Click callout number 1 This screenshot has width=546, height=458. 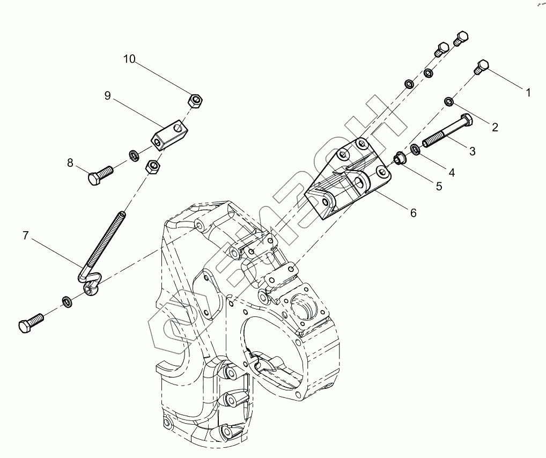[x=528, y=93]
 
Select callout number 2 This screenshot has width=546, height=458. [x=495, y=127]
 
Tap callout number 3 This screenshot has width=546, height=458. [x=472, y=152]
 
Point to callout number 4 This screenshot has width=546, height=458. [x=452, y=172]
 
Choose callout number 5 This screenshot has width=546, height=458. [x=439, y=186]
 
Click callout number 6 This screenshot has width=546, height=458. [x=413, y=212]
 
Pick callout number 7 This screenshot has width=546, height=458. [x=25, y=234]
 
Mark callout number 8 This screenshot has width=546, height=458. [x=70, y=162]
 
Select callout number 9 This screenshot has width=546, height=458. [x=107, y=95]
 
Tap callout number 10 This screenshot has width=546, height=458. [x=129, y=59]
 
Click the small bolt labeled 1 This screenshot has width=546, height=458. [x=481, y=68]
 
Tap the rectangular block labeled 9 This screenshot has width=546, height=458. [x=171, y=134]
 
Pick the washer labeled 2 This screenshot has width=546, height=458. [x=449, y=101]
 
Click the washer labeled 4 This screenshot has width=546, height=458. [x=416, y=149]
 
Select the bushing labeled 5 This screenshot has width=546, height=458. [x=399, y=158]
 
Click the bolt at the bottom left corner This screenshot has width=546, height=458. [x=31, y=323]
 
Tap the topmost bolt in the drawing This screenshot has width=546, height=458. [x=461, y=38]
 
